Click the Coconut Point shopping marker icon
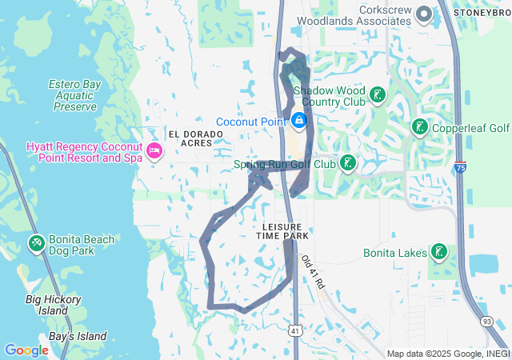(298, 121)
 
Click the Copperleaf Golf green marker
(419, 127)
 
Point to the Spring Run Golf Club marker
(347, 164)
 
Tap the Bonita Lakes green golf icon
(438, 253)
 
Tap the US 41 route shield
(295, 330)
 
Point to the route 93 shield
(487, 321)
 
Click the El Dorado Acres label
(190, 138)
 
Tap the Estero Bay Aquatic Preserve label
(72, 95)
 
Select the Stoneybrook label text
(482, 13)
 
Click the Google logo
(26, 350)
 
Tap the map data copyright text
(448, 354)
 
